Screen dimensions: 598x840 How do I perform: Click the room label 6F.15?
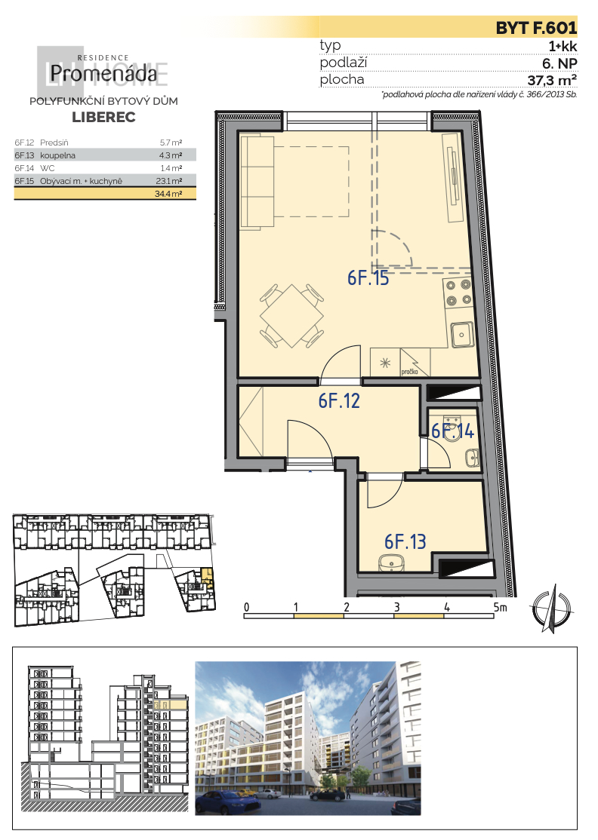[368, 278]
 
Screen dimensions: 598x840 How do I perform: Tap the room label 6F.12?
[339, 400]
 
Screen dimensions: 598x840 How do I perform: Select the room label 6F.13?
[405, 541]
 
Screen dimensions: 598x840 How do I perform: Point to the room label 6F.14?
[453, 431]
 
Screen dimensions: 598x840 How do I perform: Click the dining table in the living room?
[291, 315]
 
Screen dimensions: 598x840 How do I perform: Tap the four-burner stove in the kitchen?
[458, 293]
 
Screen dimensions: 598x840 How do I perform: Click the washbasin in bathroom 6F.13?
[393, 563]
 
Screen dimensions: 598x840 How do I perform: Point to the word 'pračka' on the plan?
[410, 372]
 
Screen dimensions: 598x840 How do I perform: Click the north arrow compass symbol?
[553, 609]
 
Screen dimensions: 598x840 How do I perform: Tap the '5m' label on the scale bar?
[500, 607]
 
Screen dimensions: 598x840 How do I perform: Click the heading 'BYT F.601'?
[536, 28]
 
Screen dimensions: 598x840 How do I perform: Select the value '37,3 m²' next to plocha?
[552, 81]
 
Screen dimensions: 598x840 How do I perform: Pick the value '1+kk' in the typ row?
[563, 46]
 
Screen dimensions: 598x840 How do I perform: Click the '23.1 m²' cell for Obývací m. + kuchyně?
[169, 181]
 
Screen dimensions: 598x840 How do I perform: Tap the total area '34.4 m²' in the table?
[168, 194]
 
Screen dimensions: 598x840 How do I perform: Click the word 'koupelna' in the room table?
[57, 155]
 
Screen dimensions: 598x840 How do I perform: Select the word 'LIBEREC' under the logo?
[103, 118]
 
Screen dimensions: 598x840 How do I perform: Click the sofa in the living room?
[257, 182]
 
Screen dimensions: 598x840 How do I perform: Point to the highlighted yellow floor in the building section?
[171, 705]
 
